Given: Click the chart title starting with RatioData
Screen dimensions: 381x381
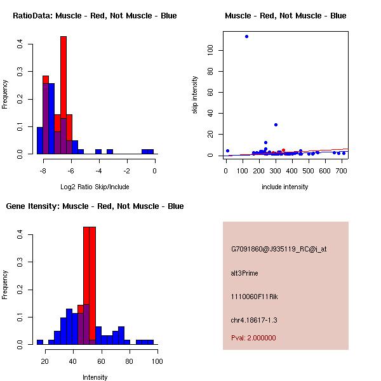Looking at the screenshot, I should pos(95,15).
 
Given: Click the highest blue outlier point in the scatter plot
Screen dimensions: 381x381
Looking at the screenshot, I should pos(246,36).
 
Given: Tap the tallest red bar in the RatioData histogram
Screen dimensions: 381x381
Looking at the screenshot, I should pos(63,95).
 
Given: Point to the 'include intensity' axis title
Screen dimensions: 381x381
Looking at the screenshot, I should pos(285,186).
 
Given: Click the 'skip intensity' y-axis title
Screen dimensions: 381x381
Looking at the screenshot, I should pos(196,95).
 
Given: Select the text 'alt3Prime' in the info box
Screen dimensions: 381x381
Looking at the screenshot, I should pos(244,273).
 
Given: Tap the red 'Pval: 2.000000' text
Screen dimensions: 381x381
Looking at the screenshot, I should pos(253,338).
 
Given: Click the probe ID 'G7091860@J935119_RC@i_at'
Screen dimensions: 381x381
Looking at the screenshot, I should pos(279,250).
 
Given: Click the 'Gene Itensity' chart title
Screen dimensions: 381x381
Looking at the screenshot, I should pos(95,206).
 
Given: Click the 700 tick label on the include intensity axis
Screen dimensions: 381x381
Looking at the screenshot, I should pos(342,170).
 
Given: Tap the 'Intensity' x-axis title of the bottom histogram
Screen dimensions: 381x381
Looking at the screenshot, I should pos(95,377).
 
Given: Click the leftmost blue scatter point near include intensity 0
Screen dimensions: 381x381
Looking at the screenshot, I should pos(227,150).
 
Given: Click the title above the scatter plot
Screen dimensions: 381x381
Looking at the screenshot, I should pos(285,15).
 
